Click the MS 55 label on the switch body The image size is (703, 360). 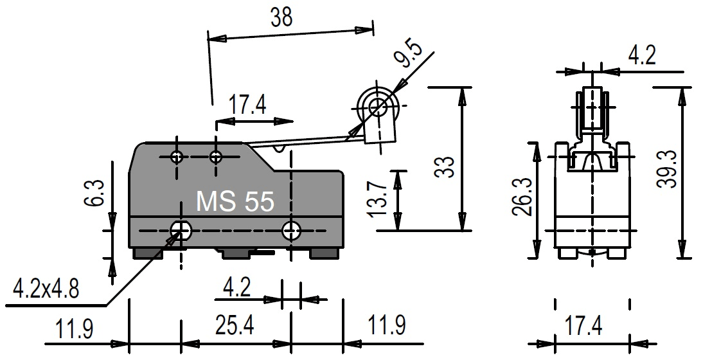point(235,202)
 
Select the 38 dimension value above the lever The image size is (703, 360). point(281,17)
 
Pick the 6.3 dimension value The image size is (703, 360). point(95,193)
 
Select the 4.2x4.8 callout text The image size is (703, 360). point(46,289)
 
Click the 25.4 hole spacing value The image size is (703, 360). point(235,326)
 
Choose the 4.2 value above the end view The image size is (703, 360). point(641,57)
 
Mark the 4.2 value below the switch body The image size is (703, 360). point(236,287)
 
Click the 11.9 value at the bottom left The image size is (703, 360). point(75,328)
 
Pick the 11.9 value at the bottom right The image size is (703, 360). point(386,326)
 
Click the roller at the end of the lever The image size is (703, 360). point(377,105)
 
